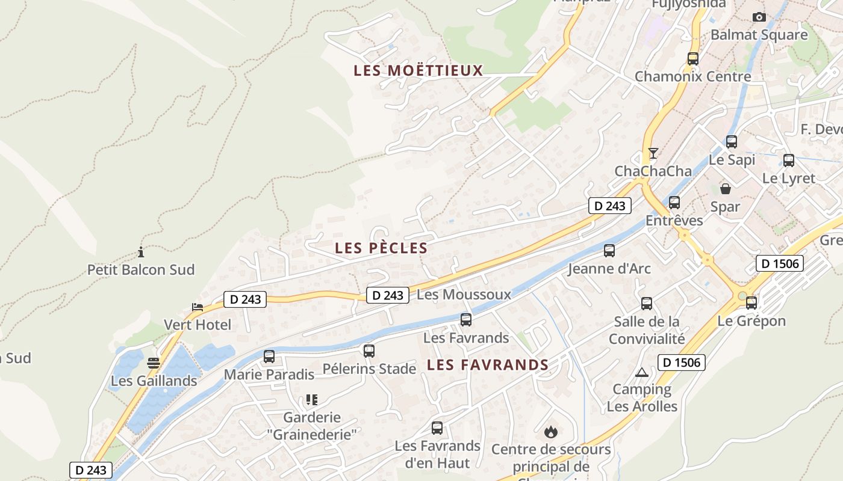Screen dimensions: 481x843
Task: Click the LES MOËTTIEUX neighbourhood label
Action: pyautogui.click(x=418, y=71)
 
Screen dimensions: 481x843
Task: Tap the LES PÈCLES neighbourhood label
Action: pyautogui.click(x=381, y=248)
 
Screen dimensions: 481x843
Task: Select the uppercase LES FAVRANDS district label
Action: pyautogui.click(x=488, y=365)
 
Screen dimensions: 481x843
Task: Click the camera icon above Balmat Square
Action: pyautogui.click(x=759, y=17)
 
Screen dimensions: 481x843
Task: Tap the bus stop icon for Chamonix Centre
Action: pyautogui.click(x=693, y=59)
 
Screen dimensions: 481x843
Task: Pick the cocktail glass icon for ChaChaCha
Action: pyautogui.click(x=653, y=153)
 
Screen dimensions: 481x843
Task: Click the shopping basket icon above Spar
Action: pyautogui.click(x=726, y=189)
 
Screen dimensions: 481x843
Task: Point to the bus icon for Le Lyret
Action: pyautogui.click(x=789, y=161)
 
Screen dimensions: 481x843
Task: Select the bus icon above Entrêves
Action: pyautogui.click(x=674, y=203)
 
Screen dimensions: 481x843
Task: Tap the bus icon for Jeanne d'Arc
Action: pyautogui.click(x=609, y=251)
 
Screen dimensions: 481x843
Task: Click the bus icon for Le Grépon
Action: pyautogui.click(x=751, y=303)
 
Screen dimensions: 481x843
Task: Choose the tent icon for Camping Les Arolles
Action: pyautogui.click(x=642, y=372)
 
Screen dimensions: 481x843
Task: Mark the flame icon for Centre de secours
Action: pyautogui.click(x=550, y=432)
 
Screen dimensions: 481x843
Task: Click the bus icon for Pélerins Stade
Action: pyautogui.click(x=369, y=351)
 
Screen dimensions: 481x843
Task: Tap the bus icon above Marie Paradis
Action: pyautogui.click(x=269, y=357)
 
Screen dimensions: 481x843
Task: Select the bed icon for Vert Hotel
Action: pyautogui.click(x=198, y=307)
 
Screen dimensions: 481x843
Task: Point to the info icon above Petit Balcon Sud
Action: pyautogui.click(x=141, y=252)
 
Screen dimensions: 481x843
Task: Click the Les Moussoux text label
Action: pyautogui.click(x=464, y=295)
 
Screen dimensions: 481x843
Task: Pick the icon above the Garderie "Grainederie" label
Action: pyautogui.click(x=311, y=400)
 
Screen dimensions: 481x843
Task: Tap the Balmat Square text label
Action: pyautogui.click(x=759, y=35)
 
